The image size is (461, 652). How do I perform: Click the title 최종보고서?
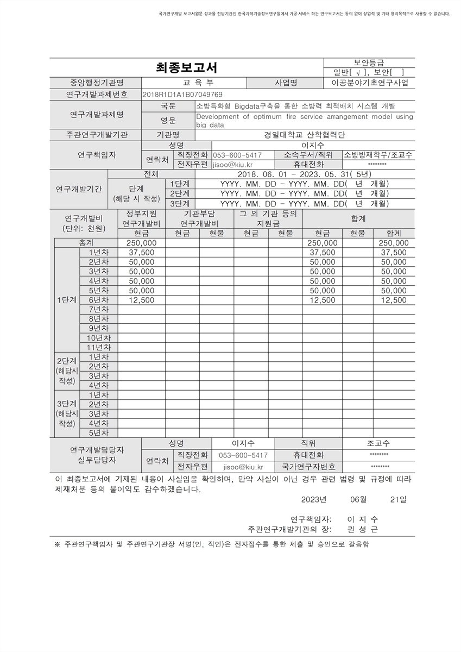click(x=186, y=67)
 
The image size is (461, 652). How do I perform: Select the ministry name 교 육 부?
click(x=194, y=83)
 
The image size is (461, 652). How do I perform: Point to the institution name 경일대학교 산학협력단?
click(x=305, y=135)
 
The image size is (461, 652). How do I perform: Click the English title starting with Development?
click(x=304, y=120)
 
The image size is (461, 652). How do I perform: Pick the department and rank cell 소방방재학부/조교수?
click(x=378, y=155)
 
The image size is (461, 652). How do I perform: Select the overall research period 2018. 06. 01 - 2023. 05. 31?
click(x=304, y=174)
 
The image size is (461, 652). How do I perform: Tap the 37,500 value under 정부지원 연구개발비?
click(x=141, y=253)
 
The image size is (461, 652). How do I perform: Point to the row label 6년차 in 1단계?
click(x=98, y=300)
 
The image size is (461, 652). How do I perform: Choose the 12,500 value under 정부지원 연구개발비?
click(x=141, y=300)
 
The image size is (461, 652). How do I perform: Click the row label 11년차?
click(x=98, y=347)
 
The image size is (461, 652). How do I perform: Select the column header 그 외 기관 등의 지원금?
click(x=268, y=218)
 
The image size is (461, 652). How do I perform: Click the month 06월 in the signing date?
click(x=359, y=499)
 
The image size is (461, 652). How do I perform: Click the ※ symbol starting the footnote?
click(x=58, y=544)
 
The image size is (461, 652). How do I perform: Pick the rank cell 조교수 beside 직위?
click(x=378, y=443)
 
